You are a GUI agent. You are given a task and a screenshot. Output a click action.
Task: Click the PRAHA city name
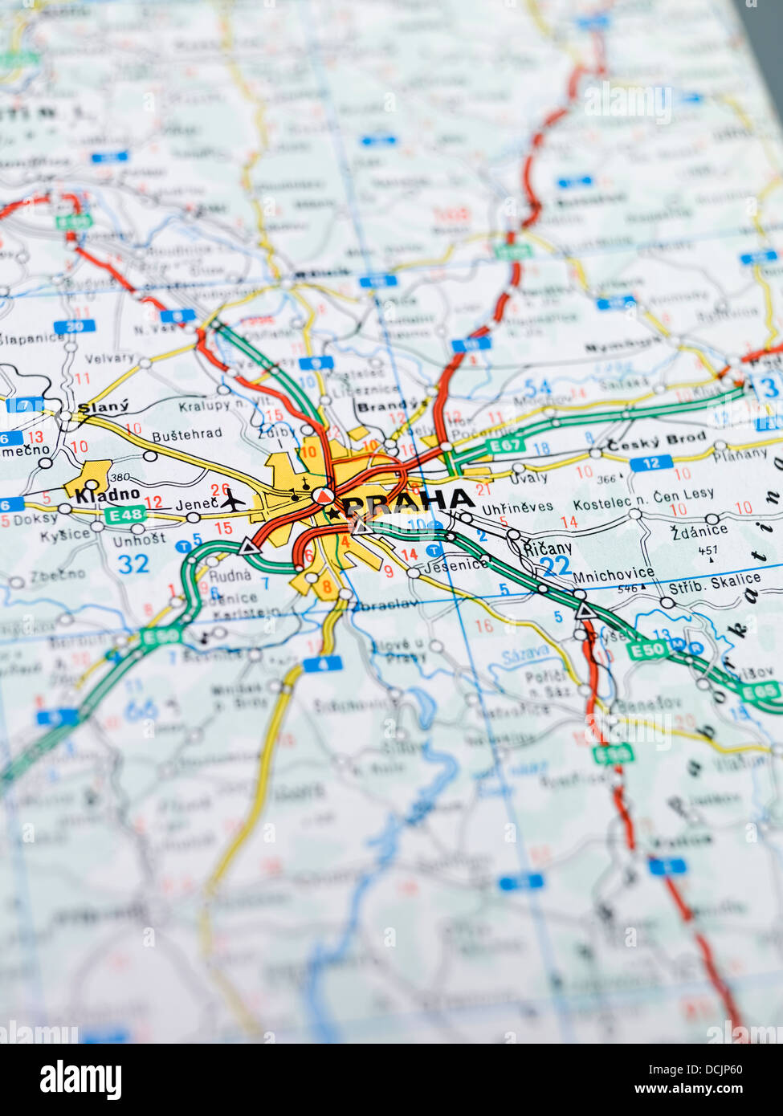(x=408, y=502)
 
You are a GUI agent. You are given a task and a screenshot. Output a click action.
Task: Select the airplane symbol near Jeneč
(x=233, y=501)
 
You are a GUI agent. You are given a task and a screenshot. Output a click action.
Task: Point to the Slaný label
(x=104, y=406)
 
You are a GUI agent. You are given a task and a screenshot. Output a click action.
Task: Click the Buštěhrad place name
(x=186, y=434)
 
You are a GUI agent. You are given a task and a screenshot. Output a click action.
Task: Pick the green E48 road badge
(x=126, y=515)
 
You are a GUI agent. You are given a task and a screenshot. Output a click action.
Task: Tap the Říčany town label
(x=547, y=548)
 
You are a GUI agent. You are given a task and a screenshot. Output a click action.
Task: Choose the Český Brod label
(x=656, y=441)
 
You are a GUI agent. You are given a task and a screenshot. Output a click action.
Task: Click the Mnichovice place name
(x=614, y=574)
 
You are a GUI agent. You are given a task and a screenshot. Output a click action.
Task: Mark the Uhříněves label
(x=517, y=507)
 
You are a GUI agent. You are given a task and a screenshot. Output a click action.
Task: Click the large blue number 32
(x=133, y=564)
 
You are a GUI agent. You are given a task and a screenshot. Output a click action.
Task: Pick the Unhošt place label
(x=139, y=540)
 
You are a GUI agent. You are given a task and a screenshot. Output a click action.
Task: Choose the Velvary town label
(x=109, y=358)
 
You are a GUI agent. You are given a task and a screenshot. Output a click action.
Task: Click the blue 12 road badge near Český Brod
(x=650, y=463)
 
